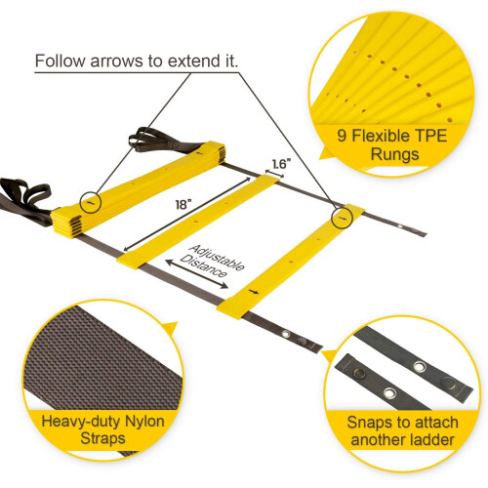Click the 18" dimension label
tap(183, 204)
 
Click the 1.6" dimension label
tap(281, 164)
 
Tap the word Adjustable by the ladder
tap(217, 258)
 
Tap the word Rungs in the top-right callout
tap(394, 154)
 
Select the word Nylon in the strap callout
tap(144, 422)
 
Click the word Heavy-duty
tap(81, 422)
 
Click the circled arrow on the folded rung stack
tap(91, 202)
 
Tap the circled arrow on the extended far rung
tap(342, 218)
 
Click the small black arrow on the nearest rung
tap(254, 292)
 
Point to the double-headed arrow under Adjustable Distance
tap(196, 274)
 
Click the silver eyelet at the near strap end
tap(286, 334)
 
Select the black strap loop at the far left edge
tap(24, 198)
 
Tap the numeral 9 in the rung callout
tap(342, 136)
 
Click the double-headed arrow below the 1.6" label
tap(274, 174)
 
